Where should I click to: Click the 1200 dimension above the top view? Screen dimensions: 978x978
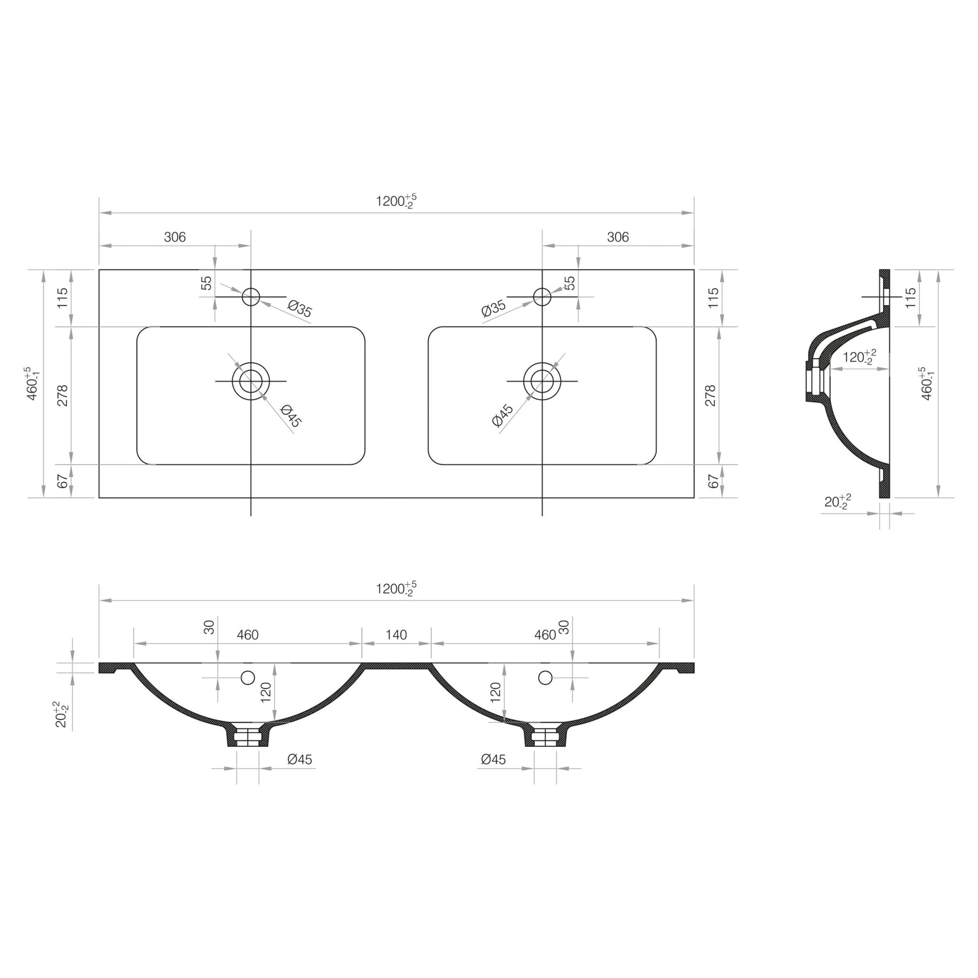pos(396,201)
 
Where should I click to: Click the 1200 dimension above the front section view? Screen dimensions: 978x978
pos(396,589)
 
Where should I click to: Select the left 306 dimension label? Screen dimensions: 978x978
pos(175,237)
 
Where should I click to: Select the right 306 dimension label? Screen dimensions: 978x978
pos(618,237)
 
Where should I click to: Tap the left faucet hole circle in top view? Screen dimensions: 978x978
pos(251,297)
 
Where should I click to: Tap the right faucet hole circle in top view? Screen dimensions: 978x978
pos(542,297)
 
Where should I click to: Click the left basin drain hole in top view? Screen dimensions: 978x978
pos(251,380)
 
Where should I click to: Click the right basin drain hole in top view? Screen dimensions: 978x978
pos(542,380)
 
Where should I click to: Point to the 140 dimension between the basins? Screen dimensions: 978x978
pos(396,635)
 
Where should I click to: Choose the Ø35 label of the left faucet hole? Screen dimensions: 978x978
pos(300,308)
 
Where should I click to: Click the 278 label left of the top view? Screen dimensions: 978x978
pos(63,396)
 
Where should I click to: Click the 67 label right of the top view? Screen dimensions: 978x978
pos(713,481)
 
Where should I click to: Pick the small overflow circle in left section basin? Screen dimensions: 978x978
pos(248,677)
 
